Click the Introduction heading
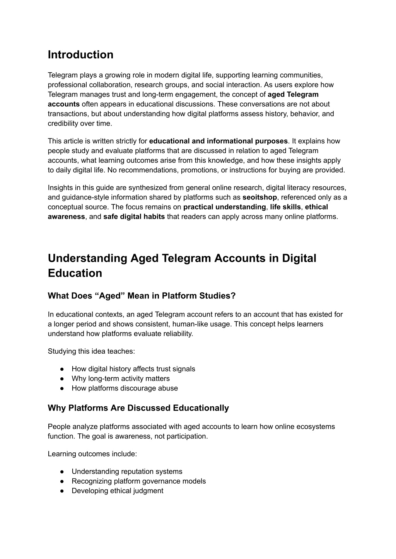(80, 55)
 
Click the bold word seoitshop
(259, 197)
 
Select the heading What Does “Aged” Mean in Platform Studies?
(142, 296)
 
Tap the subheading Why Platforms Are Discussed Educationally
(138, 408)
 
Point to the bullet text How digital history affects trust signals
(133, 369)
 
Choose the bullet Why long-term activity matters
(120, 378)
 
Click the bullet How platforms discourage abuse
(125, 388)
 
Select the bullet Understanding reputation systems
(127, 471)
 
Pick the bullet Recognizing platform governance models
(138, 481)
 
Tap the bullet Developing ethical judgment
(117, 491)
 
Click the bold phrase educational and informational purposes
(218, 141)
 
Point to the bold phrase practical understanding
(225, 207)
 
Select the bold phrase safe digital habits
(134, 216)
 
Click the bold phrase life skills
(285, 207)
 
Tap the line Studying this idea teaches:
(91, 351)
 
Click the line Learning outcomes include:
(92, 454)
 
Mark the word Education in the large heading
(75, 273)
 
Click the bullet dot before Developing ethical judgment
(62, 491)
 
